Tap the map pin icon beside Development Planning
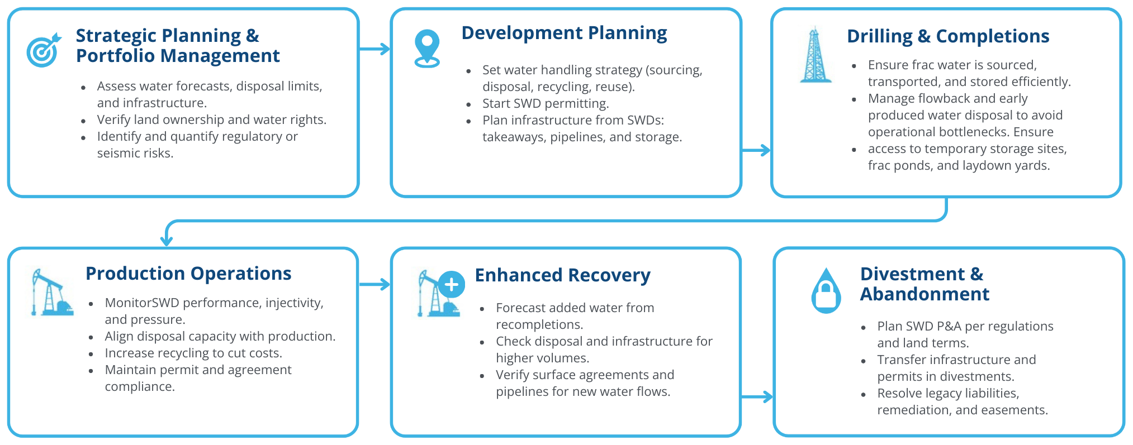pyautogui.click(x=427, y=49)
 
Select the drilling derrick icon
pyautogui.click(x=816, y=55)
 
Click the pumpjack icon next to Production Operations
pyautogui.click(x=52, y=293)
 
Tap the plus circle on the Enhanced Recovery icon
pyautogui.click(x=452, y=285)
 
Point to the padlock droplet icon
pyautogui.click(x=826, y=290)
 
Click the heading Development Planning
pyautogui.click(x=564, y=33)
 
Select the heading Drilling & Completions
pyautogui.click(x=948, y=36)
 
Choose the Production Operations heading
pyautogui.click(x=188, y=274)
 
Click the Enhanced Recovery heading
pyautogui.click(x=562, y=275)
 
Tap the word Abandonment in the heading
pyautogui.click(x=925, y=294)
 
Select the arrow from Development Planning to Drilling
pyautogui.click(x=756, y=150)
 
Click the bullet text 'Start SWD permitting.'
pyautogui.click(x=546, y=104)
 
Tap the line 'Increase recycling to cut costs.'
pyautogui.click(x=193, y=353)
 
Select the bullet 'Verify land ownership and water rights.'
pyautogui.click(x=212, y=120)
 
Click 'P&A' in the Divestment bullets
pyautogui.click(x=945, y=327)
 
